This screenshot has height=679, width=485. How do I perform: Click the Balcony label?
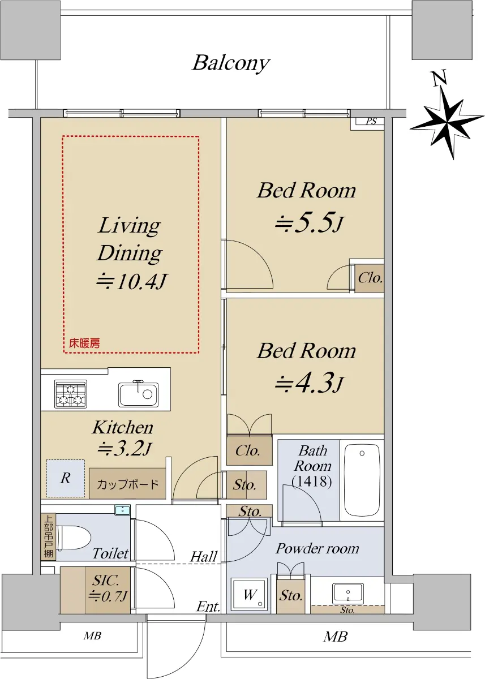[231, 63]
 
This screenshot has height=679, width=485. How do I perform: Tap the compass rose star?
[447, 124]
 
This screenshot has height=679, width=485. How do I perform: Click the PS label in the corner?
[371, 122]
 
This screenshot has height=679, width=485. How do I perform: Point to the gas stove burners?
[71, 394]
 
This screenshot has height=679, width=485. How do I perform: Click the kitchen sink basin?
[138, 394]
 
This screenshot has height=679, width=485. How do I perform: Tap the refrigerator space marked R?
[66, 478]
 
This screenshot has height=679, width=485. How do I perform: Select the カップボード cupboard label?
[127, 484]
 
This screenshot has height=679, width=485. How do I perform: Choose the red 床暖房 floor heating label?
[84, 343]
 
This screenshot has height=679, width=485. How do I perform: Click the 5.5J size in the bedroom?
[309, 224]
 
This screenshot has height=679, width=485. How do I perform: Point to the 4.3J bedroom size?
[309, 384]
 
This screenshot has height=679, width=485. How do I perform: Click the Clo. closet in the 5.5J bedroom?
[370, 278]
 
